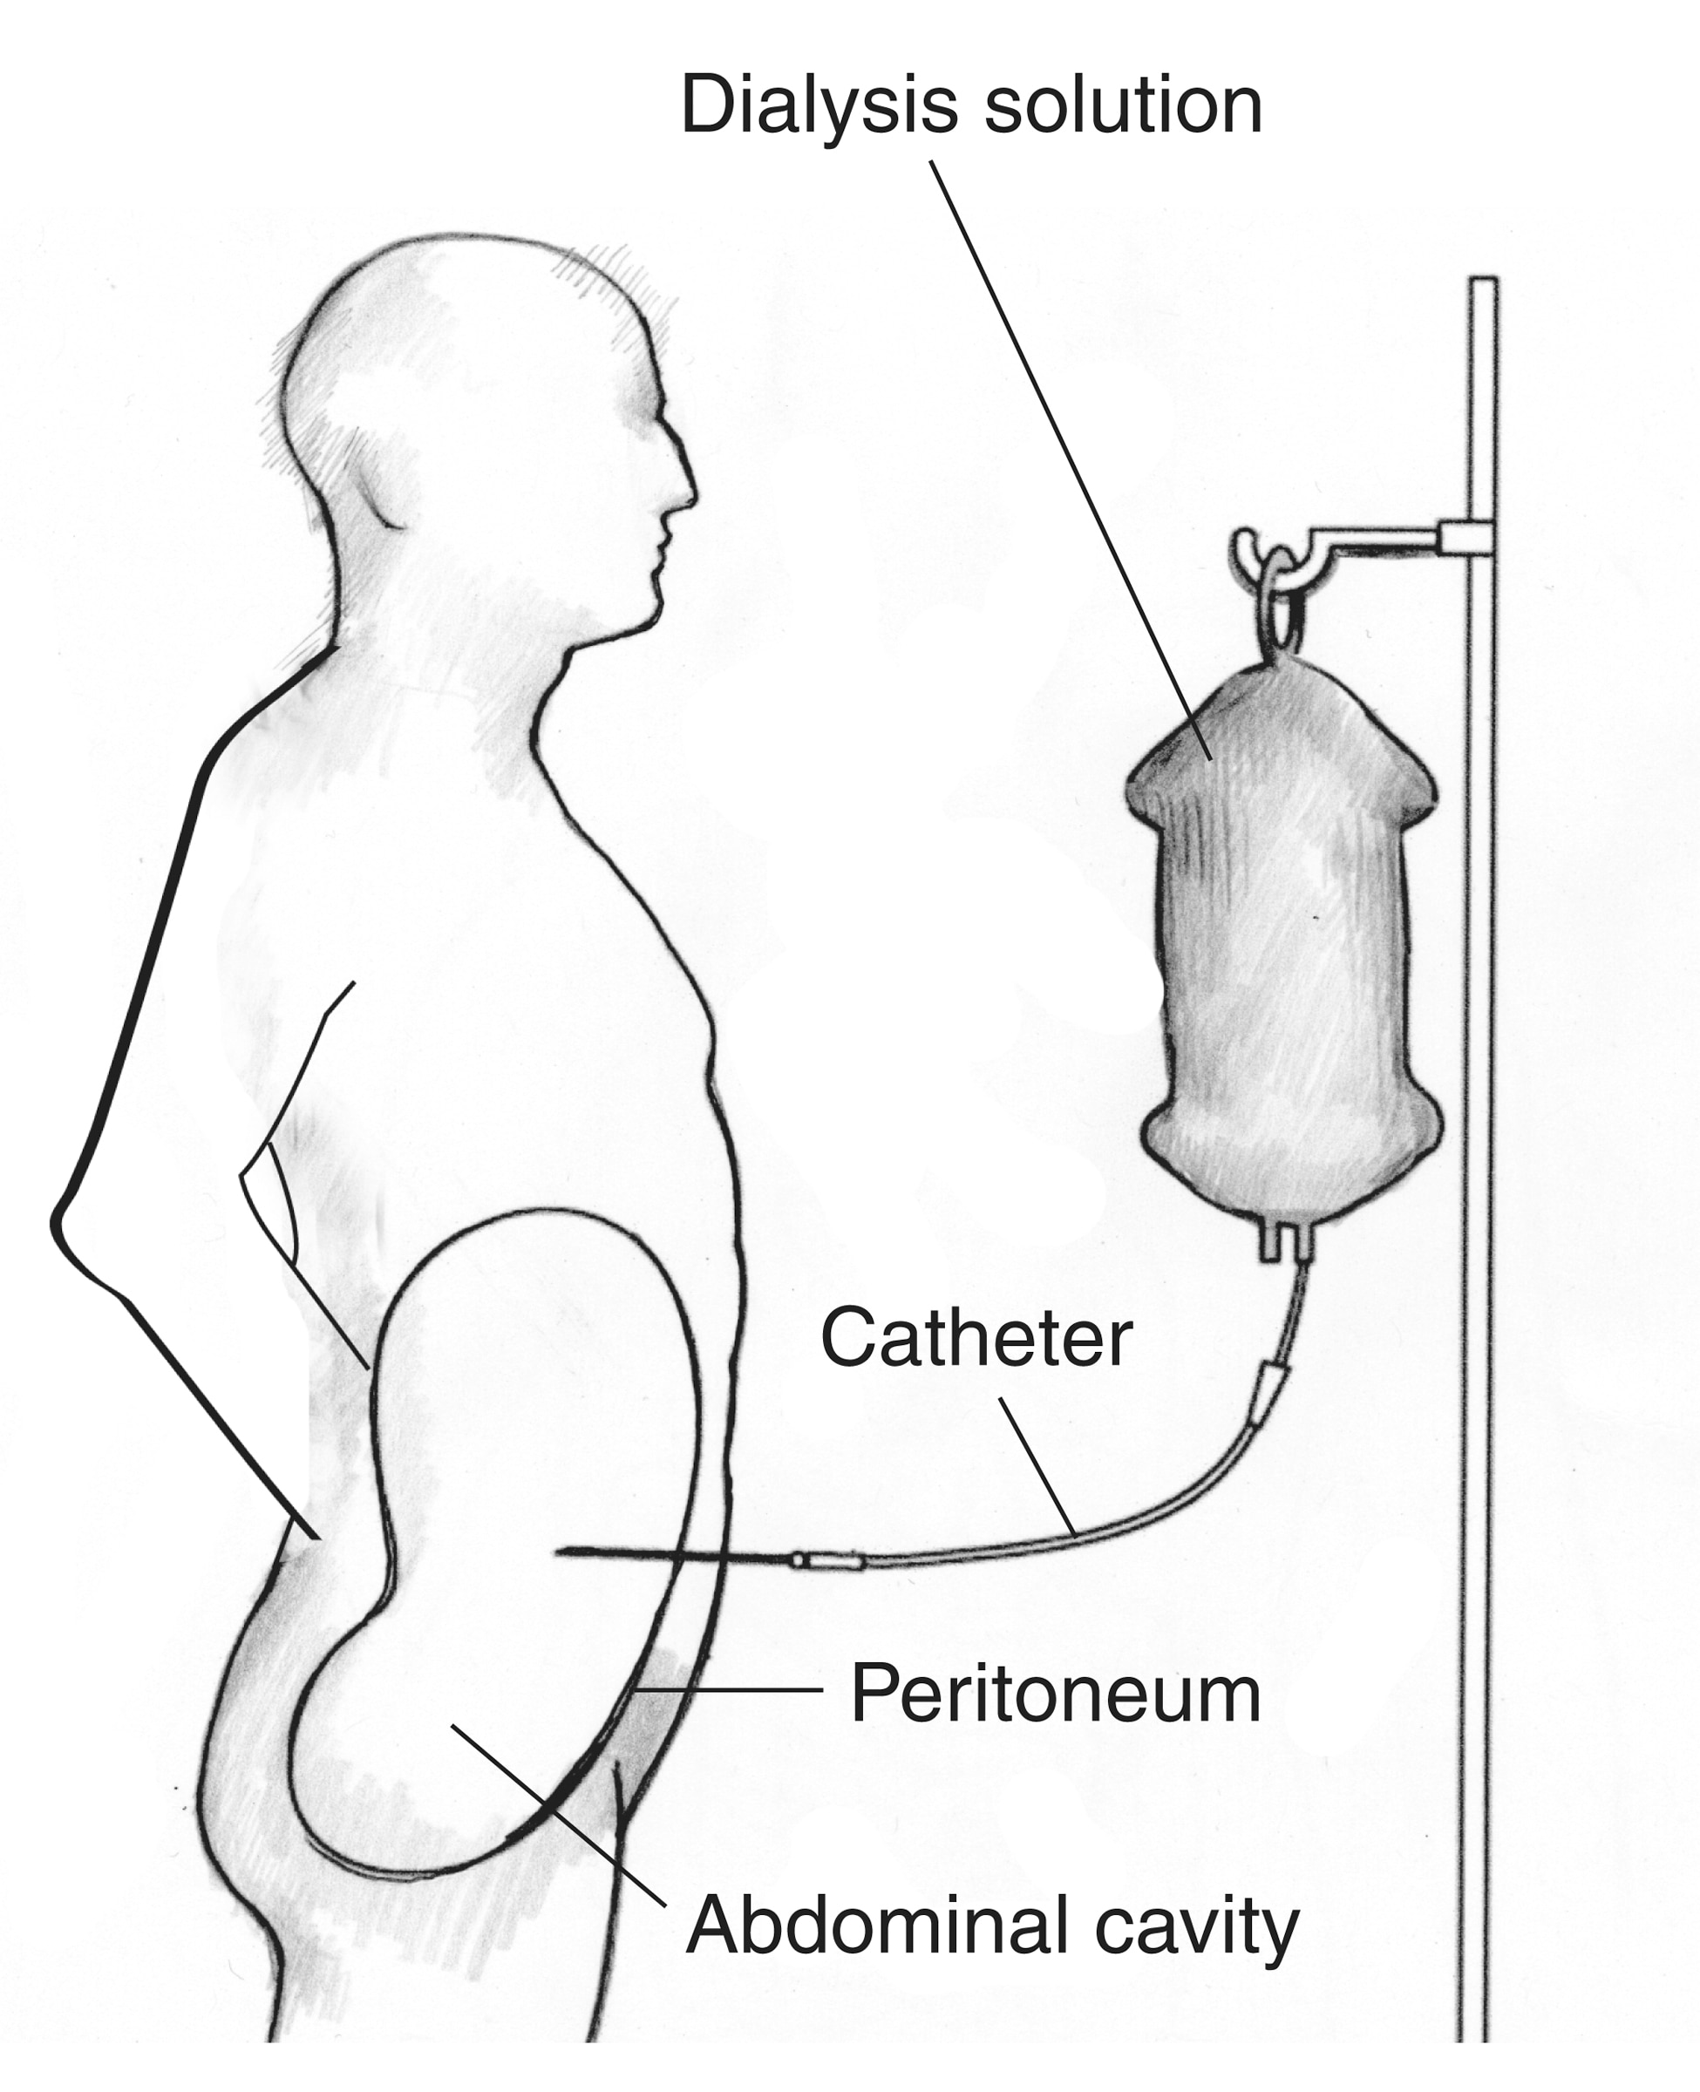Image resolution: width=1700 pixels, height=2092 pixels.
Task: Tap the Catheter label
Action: (x=976, y=1338)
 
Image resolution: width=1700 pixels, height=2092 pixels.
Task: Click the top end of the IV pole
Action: (x=1483, y=280)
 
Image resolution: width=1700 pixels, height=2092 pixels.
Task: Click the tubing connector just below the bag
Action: (x=1274, y=1381)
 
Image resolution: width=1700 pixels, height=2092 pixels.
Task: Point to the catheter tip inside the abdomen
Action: (x=558, y=1551)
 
